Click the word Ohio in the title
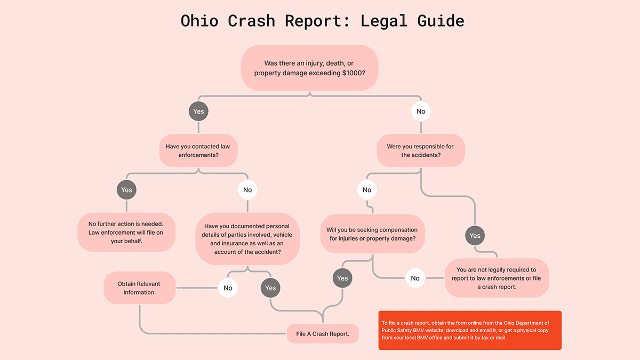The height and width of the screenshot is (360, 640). pyautogui.click(x=199, y=21)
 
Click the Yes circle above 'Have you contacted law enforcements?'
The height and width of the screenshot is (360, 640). pyautogui.click(x=198, y=111)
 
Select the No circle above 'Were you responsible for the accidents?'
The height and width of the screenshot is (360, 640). pyautogui.click(x=421, y=111)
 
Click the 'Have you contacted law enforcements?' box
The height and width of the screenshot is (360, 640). pyautogui.click(x=198, y=151)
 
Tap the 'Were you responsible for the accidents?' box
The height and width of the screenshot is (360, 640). pyautogui.click(x=421, y=151)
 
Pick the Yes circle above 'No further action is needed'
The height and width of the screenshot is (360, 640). pyautogui.click(x=126, y=190)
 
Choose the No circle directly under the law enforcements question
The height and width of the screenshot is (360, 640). pyautogui.click(x=247, y=190)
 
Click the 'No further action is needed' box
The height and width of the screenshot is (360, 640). pyautogui.click(x=126, y=233)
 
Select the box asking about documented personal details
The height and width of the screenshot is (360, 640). pyautogui.click(x=247, y=238)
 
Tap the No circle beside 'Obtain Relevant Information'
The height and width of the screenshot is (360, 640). pyautogui.click(x=228, y=288)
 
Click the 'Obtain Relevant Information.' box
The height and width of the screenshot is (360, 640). pyautogui.click(x=139, y=288)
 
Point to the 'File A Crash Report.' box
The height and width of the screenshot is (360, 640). pyautogui.click(x=323, y=334)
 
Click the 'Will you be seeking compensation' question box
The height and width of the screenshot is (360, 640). pyautogui.click(x=372, y=234)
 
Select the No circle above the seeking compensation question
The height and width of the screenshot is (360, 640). pyautogui.click(x=367, y=190)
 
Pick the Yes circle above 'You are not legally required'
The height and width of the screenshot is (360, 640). pyautogui.click(x=475, y=236)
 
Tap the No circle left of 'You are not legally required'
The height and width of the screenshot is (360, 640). pyautogui.click(x=415, y=278)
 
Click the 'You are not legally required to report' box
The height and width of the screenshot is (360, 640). pyautogui.click(x=497, y=278)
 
